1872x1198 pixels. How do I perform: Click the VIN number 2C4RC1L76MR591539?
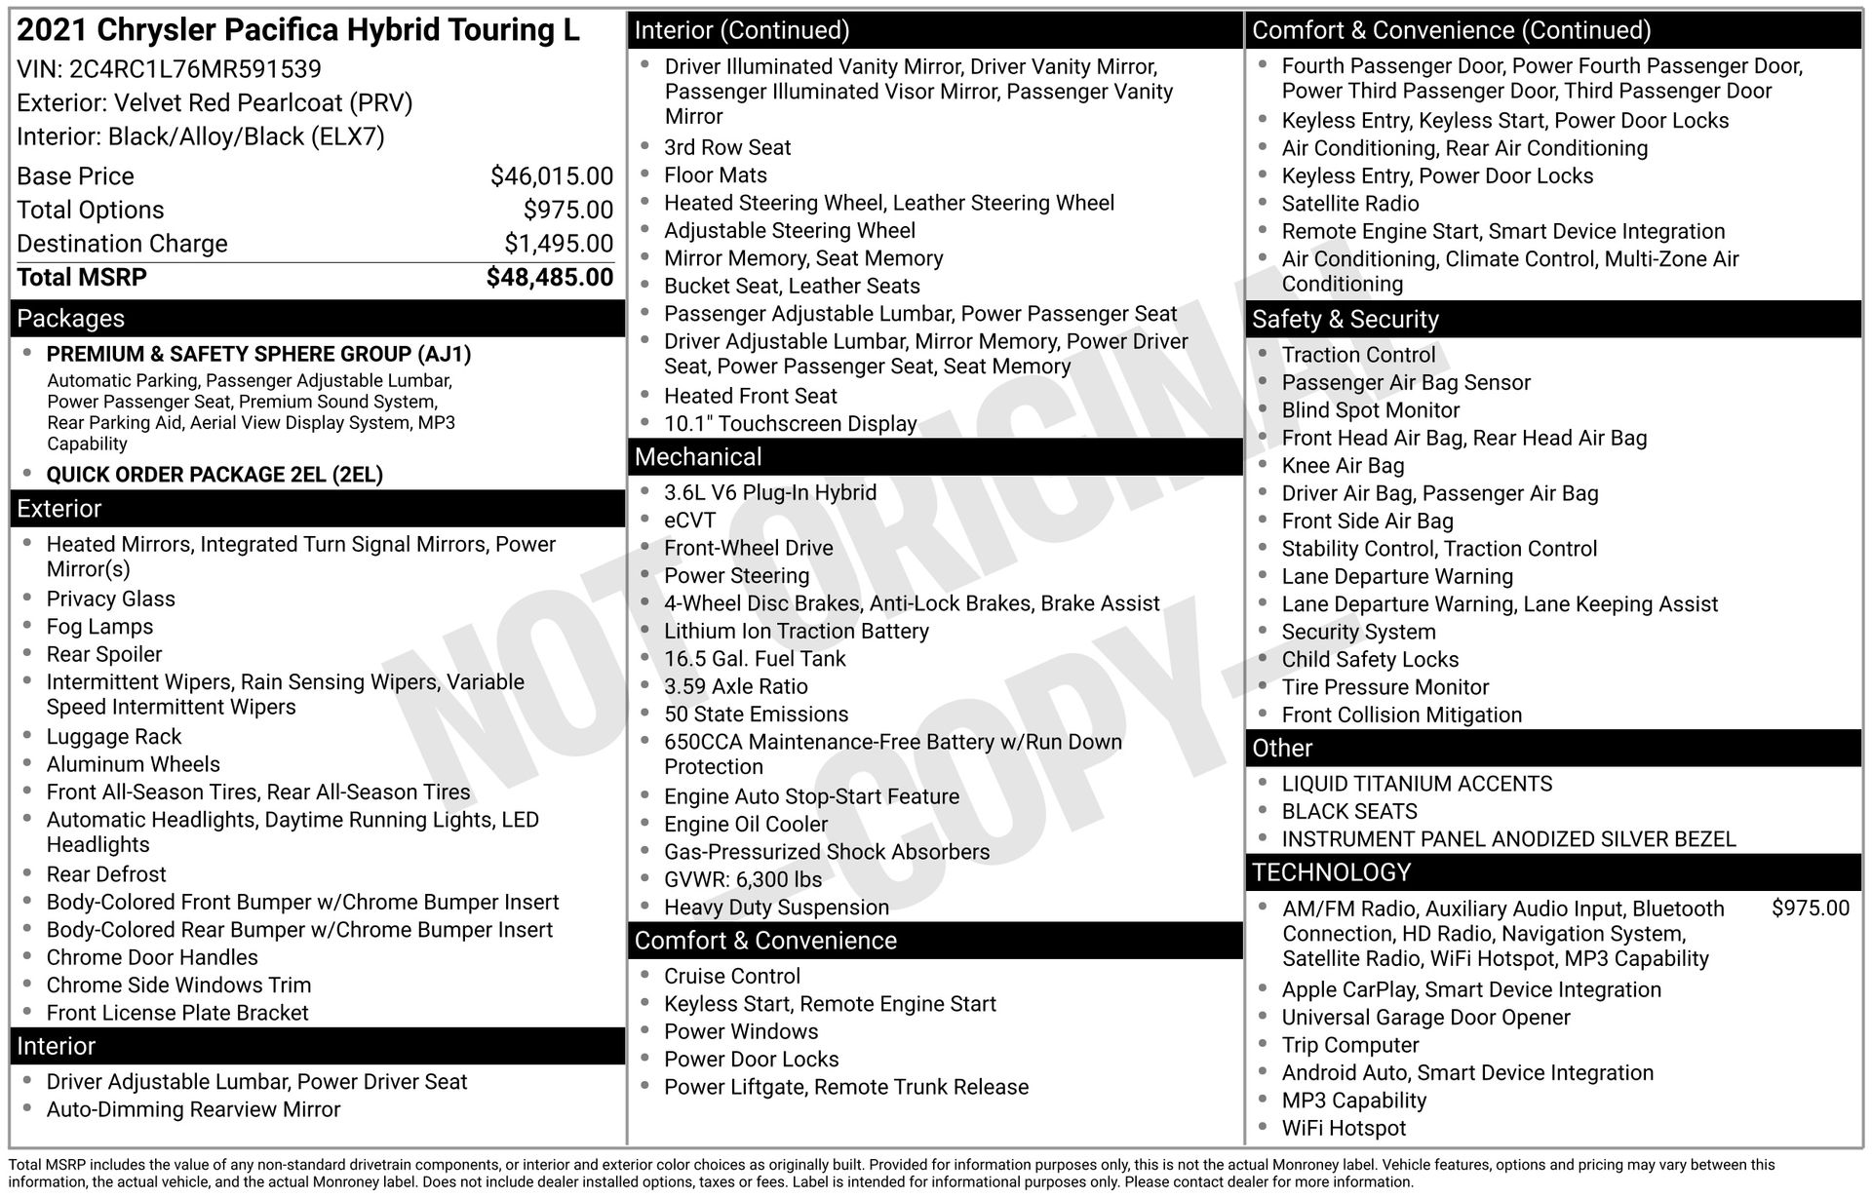195,69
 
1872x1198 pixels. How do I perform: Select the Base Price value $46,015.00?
552,176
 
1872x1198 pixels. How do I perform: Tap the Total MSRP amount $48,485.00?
550,278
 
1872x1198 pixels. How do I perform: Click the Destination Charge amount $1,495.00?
559,244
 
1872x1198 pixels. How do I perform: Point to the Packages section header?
71,319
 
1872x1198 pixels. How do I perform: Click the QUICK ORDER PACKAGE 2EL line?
214,475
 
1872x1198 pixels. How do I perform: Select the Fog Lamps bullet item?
99,627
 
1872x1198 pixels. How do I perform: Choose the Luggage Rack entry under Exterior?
114,737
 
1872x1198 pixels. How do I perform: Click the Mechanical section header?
698,457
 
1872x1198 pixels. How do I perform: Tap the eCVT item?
690,521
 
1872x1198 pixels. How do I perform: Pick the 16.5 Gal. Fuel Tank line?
755,659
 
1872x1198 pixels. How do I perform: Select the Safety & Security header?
1345,320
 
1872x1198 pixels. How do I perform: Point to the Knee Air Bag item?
1343,466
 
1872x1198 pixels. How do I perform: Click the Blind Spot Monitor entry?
1370,410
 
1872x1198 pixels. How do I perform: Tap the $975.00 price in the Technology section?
1810,908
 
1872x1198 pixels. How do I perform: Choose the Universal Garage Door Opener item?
1425,1018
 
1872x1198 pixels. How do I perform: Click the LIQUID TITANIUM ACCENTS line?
1416,784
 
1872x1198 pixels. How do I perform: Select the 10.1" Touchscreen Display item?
790,424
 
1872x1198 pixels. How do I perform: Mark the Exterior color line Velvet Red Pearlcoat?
214,103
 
